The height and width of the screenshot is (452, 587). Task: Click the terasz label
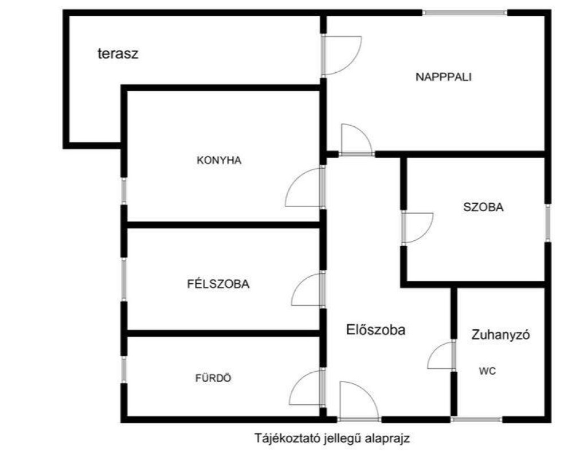119,54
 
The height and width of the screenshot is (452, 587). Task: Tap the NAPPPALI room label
443,77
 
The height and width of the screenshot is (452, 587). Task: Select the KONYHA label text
219,161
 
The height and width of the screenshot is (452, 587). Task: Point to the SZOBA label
483,208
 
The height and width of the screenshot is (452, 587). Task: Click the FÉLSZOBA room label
218,283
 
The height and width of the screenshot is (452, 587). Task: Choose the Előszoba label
376,330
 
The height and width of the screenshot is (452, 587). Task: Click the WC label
487,371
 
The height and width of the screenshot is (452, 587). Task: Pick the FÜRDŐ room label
214,378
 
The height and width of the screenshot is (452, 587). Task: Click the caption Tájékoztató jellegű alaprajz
332,439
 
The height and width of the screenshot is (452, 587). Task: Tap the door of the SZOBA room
416,228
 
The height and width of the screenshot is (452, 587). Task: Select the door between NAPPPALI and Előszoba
355,141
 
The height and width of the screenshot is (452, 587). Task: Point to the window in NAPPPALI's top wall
465,13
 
